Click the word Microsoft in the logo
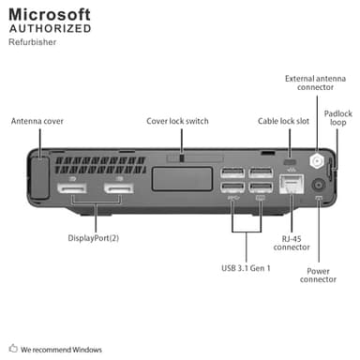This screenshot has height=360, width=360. pos(50,14)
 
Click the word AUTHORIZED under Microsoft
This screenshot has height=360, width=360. pos(50,29)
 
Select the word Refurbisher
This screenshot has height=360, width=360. pos(31,41)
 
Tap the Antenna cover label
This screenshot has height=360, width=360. pos(38,121)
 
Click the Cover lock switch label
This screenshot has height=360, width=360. pos(177,121)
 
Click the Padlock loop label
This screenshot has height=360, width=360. pos(337,117)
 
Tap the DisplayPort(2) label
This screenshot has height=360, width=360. pos(93,237)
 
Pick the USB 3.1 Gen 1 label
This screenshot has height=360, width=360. pos(246,268)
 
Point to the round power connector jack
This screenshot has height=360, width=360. pos(318,185)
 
